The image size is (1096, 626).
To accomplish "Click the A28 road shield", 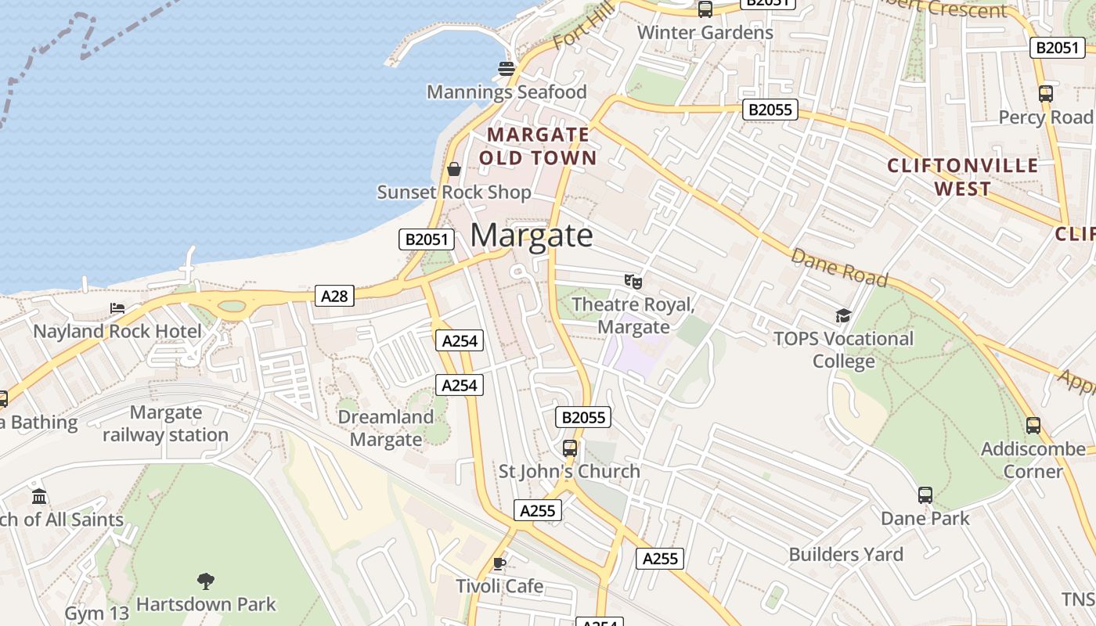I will click(x=334, y=296).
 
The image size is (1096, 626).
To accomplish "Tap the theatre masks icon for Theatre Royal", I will click(x=633, y=281).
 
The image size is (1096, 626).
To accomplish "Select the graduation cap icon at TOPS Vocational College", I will click(x=842, y=315).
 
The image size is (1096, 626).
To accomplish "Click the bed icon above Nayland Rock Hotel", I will click(x=117, y=308).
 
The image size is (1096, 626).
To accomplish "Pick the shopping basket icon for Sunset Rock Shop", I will click(x=453, y=168).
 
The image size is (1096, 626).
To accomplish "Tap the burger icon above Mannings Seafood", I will click(x=506, y=69).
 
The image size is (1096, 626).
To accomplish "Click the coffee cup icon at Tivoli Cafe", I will click(x=499, y=563).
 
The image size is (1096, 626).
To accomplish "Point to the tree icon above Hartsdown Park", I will click(x=206, y=581).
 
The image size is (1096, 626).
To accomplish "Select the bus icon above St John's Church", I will click(x=570, y=448).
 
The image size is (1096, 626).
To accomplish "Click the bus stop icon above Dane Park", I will click(x=925, y=495).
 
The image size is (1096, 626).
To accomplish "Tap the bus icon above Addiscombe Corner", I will click(x=1033, y=426).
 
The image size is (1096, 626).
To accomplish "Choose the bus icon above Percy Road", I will click(x=1046, y=94).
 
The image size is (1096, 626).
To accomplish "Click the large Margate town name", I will click(x=532, y=236).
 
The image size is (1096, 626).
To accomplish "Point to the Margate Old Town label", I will click(x=538, y=146).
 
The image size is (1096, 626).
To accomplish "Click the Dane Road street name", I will click(x=838, y=268).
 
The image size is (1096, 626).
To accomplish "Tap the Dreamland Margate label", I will click(x=385, y=428).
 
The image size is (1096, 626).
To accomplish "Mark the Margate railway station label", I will click(x=165, y=423).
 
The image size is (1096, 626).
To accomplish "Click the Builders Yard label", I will click(x=845, y=555).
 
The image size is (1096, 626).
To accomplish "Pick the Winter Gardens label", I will click(x=705, y=33).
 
